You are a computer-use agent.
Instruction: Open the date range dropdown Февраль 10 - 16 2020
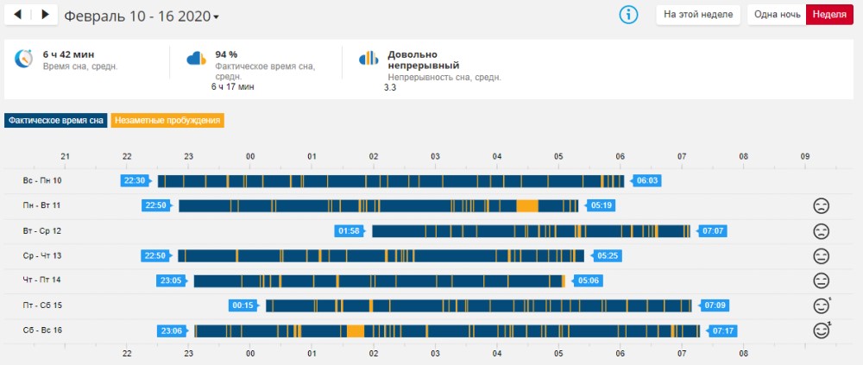[x=142, y=16]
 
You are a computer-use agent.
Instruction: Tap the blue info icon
[x=629, y=15]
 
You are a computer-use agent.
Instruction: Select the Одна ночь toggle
[x=776, y=15]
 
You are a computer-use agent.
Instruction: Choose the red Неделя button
[x=829, y=15]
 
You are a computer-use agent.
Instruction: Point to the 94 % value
[x=227, y=54]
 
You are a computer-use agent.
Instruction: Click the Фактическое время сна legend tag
[x=56, y=121]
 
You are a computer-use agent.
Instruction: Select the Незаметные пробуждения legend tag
[x=168, y=121]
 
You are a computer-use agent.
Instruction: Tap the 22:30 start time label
[x=135, y=180]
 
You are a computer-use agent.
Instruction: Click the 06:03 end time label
[x=646, y=180]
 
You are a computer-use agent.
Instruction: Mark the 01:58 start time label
[x=349, y=231]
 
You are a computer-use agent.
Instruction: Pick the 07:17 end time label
[x=722, y=330]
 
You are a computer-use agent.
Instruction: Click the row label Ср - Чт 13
[x=42, y=255]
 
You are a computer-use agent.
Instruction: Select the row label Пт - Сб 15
[x=42, y=305]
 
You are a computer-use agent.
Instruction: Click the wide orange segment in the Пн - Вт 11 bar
[x=526, y=205]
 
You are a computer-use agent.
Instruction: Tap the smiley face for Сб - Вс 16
[x=822, y=330]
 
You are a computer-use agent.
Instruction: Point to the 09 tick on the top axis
[x=805, y=157]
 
